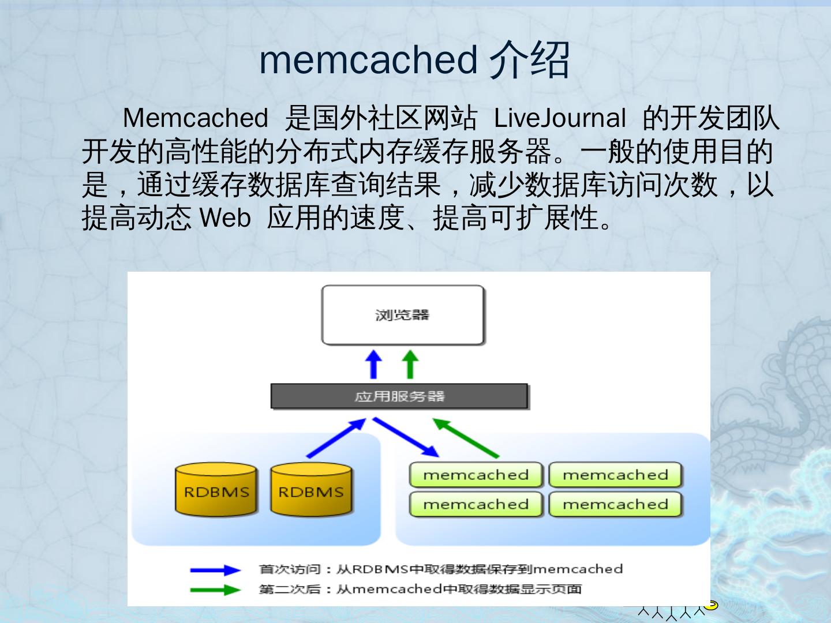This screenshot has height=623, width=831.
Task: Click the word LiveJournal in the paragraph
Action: (x=559, y=118)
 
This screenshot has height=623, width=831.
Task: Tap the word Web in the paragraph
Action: (x=224, y=218)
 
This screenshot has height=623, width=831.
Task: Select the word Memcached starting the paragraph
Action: (x=195, y=118)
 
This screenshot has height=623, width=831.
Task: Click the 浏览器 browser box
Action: (x=402, y=315)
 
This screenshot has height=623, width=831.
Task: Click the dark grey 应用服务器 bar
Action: (x=399, y=396)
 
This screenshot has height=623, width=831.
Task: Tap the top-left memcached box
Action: (x=476, y=475)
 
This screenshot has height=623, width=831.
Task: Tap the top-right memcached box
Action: (x=615, y=475)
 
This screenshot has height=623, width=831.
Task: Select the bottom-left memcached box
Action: (x=476, y=504)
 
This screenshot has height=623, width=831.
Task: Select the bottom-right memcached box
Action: (x=615, y=504)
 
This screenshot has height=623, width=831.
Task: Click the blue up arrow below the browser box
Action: (x=374, y=364)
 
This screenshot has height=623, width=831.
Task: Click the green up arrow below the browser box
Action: (x=410, y=364)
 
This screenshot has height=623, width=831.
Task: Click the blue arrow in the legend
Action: (x=215, y=570)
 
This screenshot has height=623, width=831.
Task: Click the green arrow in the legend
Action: (x=215, y=590)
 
